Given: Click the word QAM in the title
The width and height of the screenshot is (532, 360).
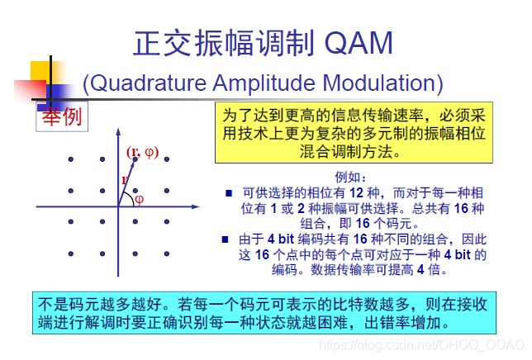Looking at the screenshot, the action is click(359, 43).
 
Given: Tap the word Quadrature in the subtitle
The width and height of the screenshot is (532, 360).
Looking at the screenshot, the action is click(148, 83).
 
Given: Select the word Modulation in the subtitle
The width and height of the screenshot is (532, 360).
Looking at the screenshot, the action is click(378, 83).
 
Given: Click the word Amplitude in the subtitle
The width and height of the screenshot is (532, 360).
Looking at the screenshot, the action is click(264, 83).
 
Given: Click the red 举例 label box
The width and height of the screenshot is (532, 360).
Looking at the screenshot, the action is click(62, 116).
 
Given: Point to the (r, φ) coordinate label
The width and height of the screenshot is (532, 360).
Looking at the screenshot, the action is click(142, 152).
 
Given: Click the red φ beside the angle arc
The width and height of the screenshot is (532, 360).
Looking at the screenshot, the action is click(139, 199).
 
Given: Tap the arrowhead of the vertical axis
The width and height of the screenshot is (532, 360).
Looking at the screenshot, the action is click(118, 132).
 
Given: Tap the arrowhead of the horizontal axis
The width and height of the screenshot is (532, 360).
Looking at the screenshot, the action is click(195, 206).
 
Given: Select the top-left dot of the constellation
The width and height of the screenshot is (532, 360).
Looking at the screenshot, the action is click(70, 159).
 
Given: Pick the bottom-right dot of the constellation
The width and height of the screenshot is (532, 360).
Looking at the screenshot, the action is click(167, 253).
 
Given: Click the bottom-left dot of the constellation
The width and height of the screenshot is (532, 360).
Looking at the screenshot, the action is click(70, 253).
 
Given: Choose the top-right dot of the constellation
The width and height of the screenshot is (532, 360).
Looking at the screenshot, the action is click(167, 159).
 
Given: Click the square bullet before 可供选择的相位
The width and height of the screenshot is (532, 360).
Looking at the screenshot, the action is click(229, 193).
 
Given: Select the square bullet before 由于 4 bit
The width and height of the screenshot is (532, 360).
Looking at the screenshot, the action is click(225, 239).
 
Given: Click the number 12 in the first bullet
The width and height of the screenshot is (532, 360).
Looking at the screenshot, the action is click(356, 193).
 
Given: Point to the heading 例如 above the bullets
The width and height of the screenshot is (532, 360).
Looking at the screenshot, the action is click(350, 177).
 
